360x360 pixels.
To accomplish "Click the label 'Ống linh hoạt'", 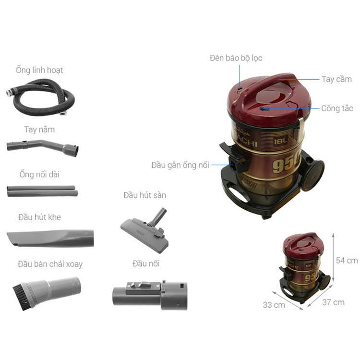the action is point(39,70).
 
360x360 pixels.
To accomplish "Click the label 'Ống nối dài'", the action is point(39,174).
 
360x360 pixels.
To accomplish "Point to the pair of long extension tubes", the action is point(42,191).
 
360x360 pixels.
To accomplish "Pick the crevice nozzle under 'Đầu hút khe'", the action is point(50,238).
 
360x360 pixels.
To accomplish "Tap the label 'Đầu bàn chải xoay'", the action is point(50,264).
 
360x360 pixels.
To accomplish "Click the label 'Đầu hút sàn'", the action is point(144,195).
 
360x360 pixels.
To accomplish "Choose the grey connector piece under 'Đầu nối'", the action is point(150,295).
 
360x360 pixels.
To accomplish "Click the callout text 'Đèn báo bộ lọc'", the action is point(236,58).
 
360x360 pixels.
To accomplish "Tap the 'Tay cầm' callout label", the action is point(336,79).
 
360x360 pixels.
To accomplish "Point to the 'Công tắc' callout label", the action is point(337,108).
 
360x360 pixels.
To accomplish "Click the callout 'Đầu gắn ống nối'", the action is point(180,165).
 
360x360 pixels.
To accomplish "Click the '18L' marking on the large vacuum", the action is point(280,141).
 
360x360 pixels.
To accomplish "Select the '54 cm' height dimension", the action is point(347,261).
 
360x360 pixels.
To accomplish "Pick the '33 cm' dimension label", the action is point(274,305).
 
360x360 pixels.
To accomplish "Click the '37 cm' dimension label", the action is point(334,302).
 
